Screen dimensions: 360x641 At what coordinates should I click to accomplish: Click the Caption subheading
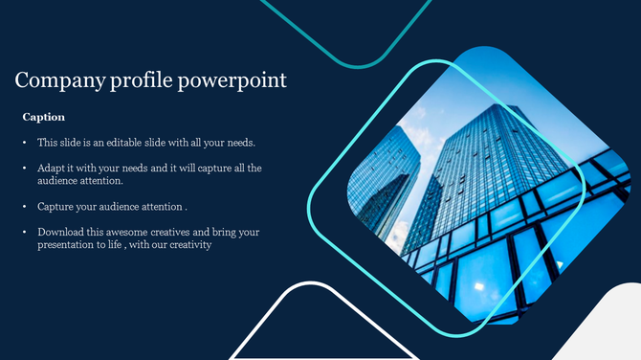pos(43,117)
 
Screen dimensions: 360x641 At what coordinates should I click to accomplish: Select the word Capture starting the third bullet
pos(56,206)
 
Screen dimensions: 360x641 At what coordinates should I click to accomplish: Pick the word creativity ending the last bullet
pos(189,244)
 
